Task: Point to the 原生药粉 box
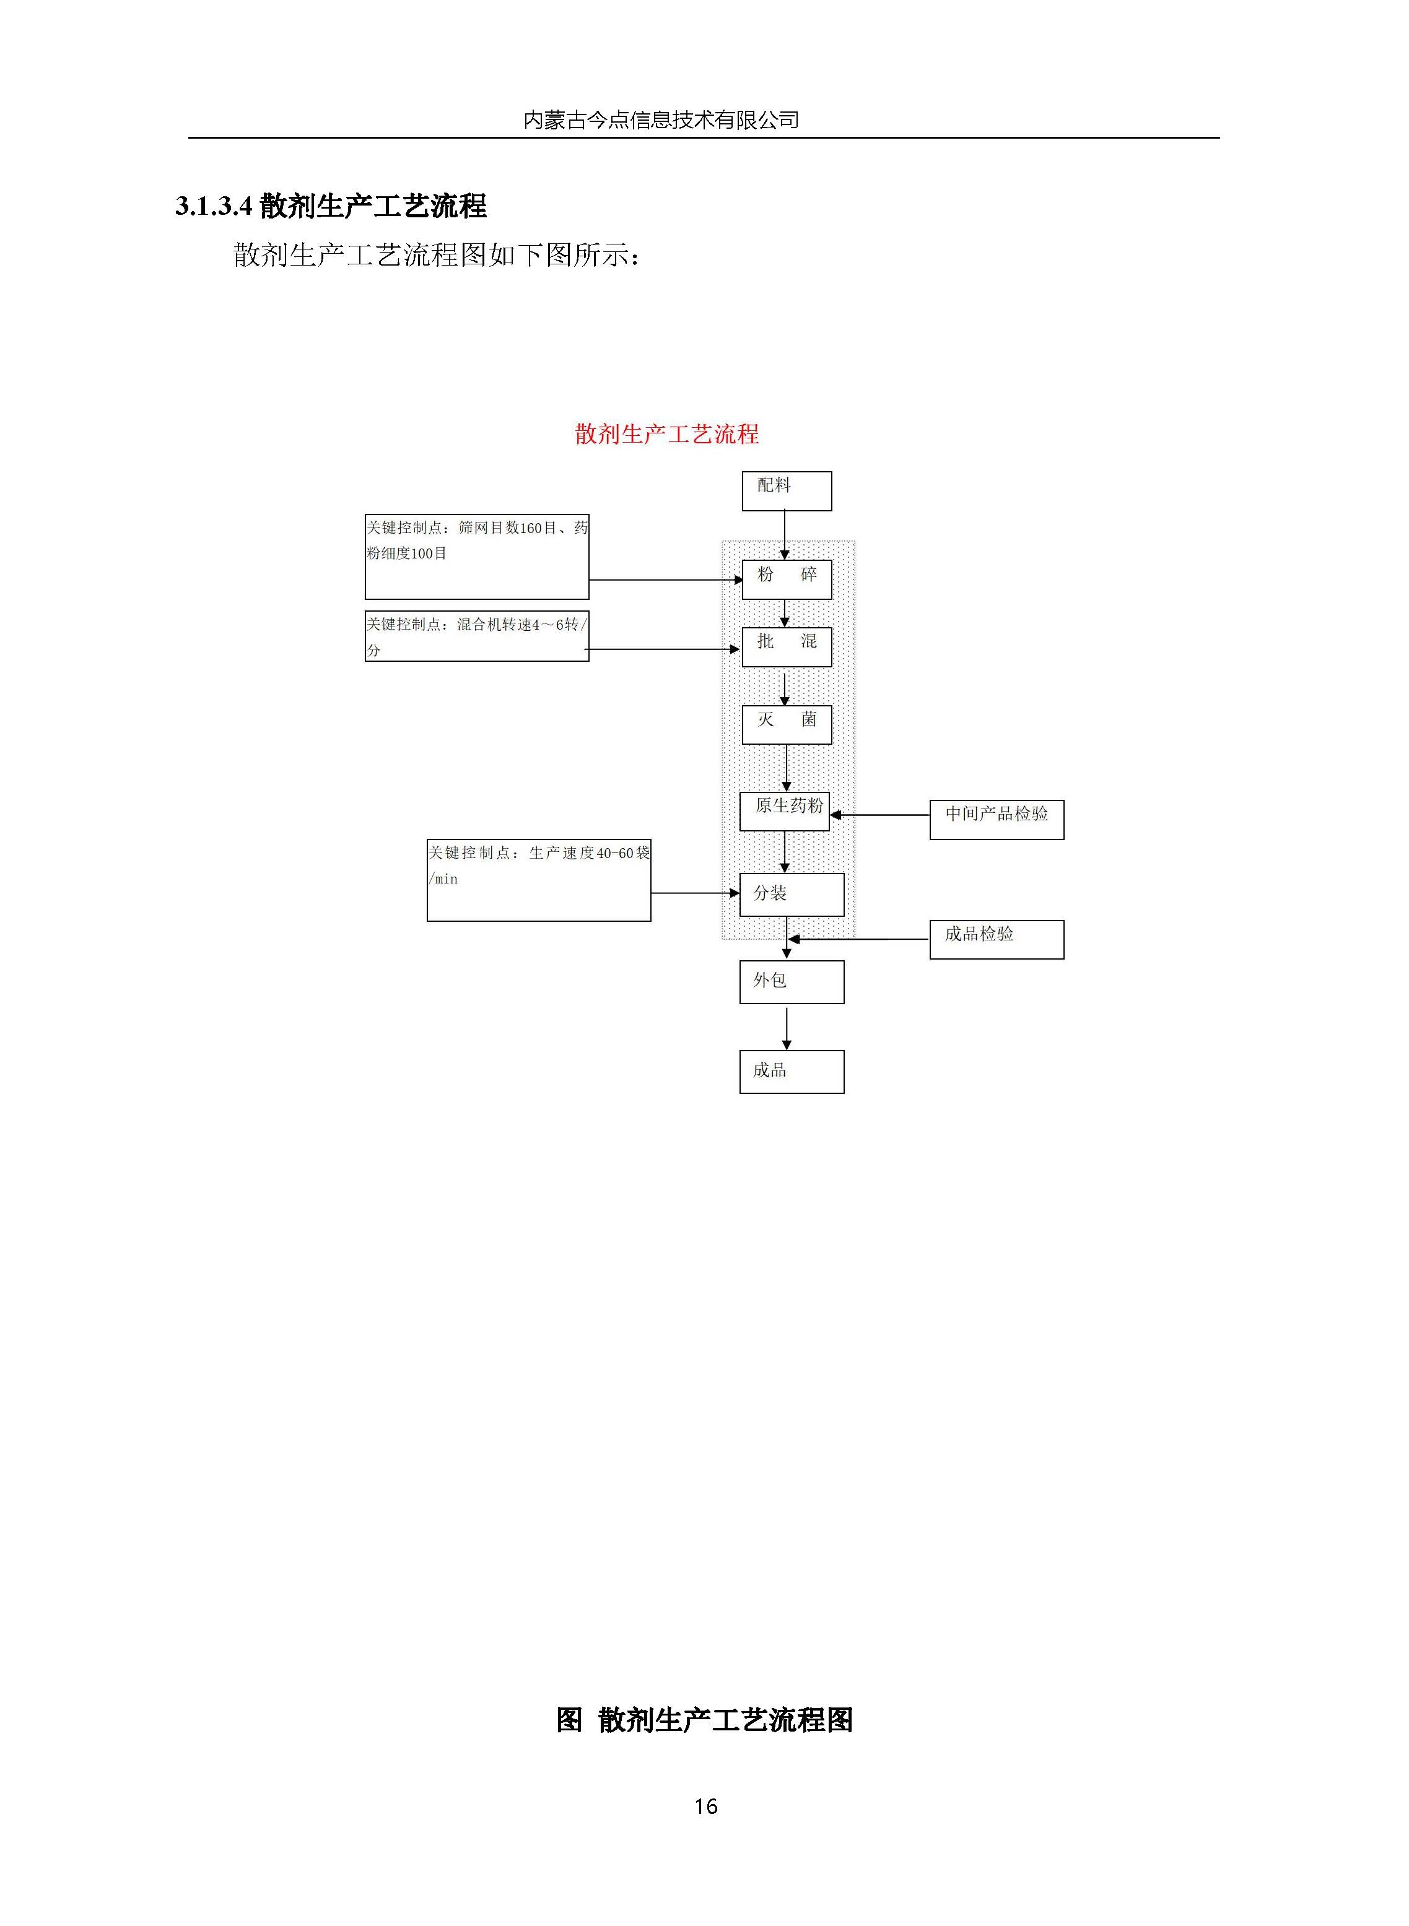(x=784, y=811)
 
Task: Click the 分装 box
(x=791, y=895)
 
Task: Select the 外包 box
(x=791, y=981)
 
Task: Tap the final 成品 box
(x=791, y=1071)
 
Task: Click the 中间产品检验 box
(x=995, y=819)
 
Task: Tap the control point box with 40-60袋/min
(x=538, y=880)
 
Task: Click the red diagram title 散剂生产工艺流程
(x=666, y=434)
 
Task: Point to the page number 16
(x=705, y=1806)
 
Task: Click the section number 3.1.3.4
(x=213, y=206)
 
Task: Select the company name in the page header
(x=661, y=120)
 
